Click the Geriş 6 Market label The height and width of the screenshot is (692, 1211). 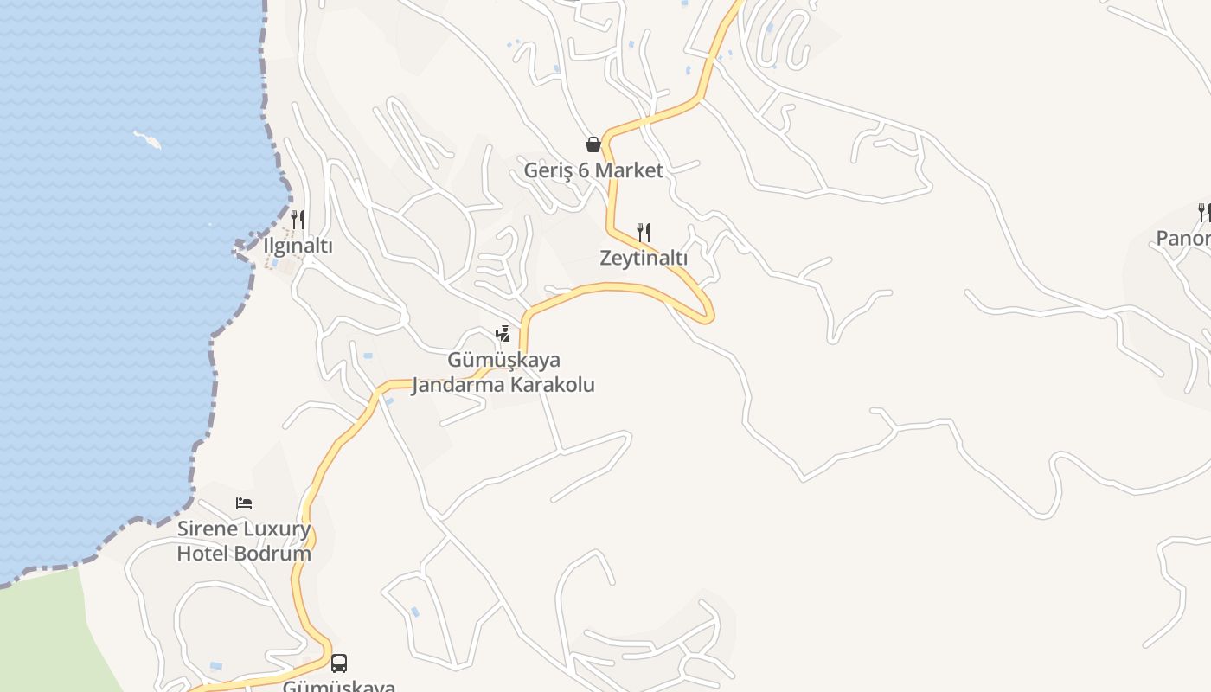[x=593, y=170]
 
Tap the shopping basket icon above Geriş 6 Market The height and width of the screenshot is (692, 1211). [x=593, y=144]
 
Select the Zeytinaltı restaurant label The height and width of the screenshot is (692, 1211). [x=644, y=258]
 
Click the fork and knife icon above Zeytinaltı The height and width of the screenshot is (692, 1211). [x=644, y=232]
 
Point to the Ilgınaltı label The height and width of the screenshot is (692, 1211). [x=298, y=246]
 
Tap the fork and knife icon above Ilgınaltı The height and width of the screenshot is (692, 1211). [x=298, y=219]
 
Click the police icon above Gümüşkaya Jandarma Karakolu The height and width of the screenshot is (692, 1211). [x=503, y=333]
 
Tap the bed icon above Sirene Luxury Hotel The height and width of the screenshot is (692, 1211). [x=244, y=503]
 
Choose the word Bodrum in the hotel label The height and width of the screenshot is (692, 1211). [x=279, y=554]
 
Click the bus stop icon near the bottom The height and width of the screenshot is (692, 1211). [x=339, y=663]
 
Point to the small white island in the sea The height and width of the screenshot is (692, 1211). [x=147, y=139]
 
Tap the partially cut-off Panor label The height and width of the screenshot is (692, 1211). [x=1183, y=238]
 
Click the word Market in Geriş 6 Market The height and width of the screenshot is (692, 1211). [x=628, y=170]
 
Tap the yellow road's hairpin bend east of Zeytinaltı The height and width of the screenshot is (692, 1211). [x=708, y=313]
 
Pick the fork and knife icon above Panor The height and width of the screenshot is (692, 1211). [x=1204, y=212]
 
